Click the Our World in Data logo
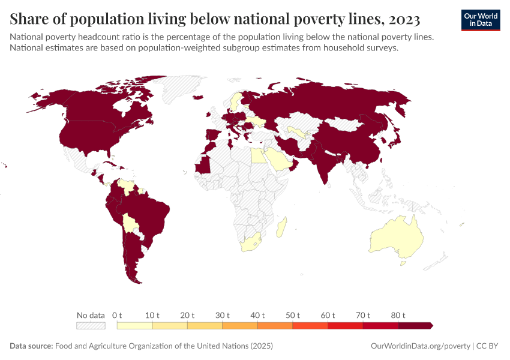480,20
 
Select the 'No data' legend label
91,315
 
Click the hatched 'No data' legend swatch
91,325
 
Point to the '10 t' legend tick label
152,315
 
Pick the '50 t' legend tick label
293,315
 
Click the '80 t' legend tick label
398,315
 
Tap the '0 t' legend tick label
117,315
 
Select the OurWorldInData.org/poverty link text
420,346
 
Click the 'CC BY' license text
488,346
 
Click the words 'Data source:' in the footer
31,346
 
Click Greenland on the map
180,90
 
